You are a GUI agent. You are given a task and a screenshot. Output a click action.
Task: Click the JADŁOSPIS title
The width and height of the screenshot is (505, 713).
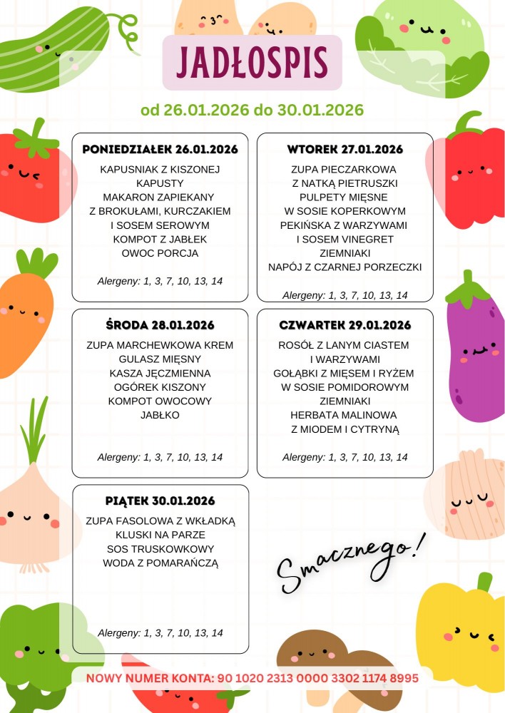click(x=252, y=63)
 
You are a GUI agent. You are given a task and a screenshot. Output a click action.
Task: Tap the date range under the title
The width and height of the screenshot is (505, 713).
click(x=252, y=111)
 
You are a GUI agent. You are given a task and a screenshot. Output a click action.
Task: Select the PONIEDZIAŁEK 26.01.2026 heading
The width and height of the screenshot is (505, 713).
click(x=160, y=150)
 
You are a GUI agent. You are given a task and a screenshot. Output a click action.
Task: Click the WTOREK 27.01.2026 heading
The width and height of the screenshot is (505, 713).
click(x=345, y=150)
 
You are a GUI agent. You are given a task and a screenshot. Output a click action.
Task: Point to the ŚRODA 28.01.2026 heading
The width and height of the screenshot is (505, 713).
click(x=160, y=326)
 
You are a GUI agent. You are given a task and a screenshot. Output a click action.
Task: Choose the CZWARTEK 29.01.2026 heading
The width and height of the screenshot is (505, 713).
click(x=345, y=326)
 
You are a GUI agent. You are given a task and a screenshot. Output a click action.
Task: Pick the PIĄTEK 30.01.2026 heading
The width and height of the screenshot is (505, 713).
click(x=160, y=501)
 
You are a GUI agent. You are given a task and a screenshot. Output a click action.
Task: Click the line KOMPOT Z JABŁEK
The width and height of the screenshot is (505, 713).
click(x=160, y=239)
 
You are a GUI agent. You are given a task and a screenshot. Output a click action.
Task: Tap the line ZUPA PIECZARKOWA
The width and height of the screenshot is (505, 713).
click(x=345, y=170)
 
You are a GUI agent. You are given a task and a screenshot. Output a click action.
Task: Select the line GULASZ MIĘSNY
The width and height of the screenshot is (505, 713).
click(x=160, y=359)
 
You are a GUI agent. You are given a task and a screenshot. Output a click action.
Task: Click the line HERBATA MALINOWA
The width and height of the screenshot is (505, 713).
click(x=345, y=415)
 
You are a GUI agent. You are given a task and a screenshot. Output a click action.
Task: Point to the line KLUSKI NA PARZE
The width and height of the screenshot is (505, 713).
click(x=160, y=535)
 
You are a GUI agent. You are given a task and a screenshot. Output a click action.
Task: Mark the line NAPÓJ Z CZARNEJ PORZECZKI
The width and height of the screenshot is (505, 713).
click(x=345, y=267)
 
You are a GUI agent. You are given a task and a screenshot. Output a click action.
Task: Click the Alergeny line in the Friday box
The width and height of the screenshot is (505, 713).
click(x=160, y=632)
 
